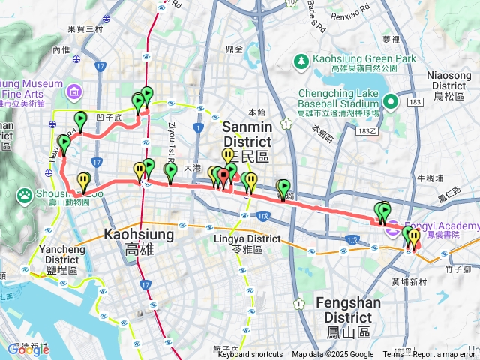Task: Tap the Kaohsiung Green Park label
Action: click(x=357, y=59)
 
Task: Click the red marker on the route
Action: click(x=223, y=178)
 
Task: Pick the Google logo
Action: click(x=28, y=349)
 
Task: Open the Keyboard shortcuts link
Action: click(x=250, y=355)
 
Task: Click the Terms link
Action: click(x=393, y=355)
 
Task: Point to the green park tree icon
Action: click(x=301, y=60)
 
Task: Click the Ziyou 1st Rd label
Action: click(x=172, y=134)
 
